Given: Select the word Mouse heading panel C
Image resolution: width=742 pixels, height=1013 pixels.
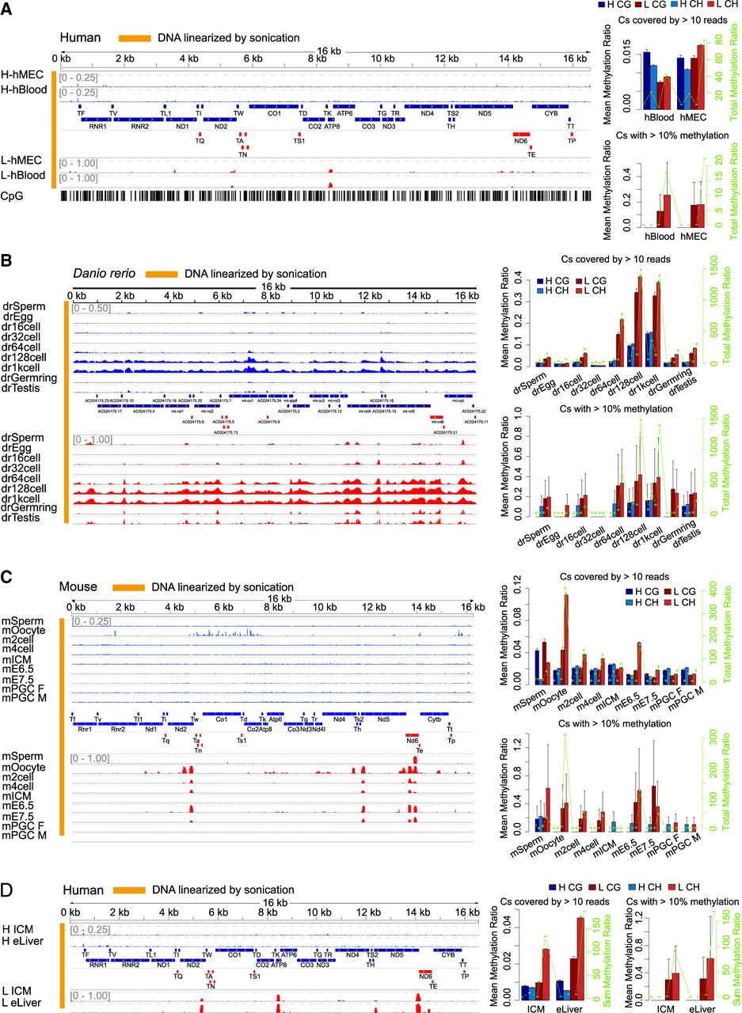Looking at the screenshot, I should point(78,588).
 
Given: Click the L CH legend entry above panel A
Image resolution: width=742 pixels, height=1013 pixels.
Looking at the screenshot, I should point(716,6).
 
